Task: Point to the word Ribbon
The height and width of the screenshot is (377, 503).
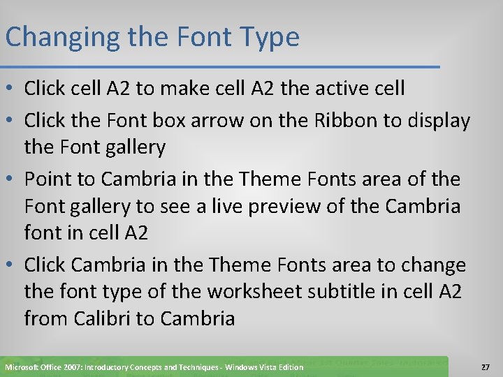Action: pos(342,120)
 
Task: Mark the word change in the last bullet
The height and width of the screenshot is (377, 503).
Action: pos(430,265)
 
